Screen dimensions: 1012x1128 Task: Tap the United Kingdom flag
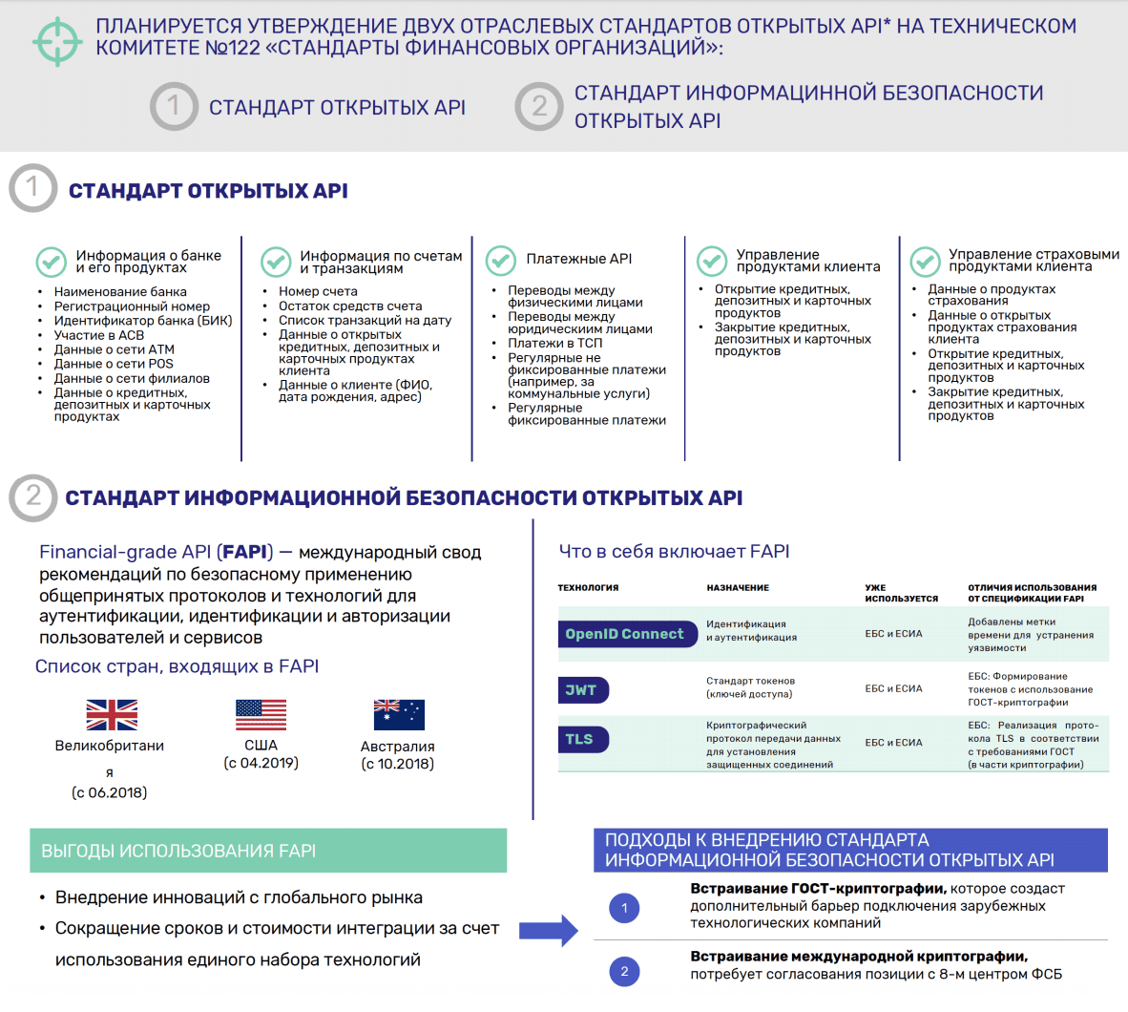pos(112,714)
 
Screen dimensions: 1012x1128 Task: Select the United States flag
pos(261,714)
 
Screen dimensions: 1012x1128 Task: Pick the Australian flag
pos(398,714)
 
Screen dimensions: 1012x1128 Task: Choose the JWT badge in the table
pos(582,689)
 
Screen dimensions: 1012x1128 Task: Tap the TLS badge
pos(582,739)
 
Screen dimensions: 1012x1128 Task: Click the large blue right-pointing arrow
pos(549,930)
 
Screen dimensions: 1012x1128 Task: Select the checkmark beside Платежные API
pos(501,260)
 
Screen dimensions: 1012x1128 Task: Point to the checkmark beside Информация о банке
pos(51,261)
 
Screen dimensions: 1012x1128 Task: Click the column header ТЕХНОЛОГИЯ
pos(588,588)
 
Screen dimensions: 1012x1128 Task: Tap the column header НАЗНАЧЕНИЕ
pos(738,588)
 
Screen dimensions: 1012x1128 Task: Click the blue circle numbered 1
pos(624,908)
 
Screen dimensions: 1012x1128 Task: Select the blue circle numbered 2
pos(624,972)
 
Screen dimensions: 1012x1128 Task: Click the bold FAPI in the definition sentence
pos(245,552)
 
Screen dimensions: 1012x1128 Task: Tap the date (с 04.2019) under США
pos(261,763)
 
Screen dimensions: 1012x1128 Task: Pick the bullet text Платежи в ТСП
pos(554,343)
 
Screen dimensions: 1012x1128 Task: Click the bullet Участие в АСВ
pos(99,335)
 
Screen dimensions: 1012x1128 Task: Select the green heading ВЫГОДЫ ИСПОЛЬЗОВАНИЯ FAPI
pos(178,851)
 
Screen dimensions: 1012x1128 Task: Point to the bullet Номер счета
pos(318,291)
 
